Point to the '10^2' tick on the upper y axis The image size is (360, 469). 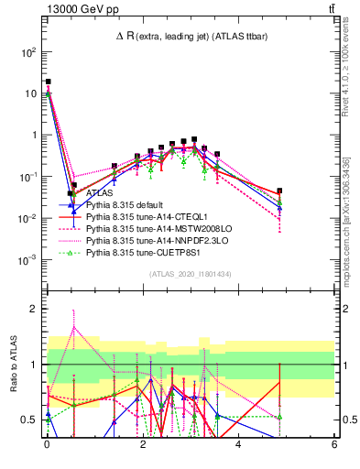coord(28,52)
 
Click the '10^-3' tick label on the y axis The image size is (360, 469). coord(27,260)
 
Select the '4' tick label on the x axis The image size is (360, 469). coord(238,444)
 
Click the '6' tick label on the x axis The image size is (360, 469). coord(334,444)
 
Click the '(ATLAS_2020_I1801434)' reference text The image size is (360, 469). coord(190,274)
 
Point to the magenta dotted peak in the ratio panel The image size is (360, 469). coord(73,326)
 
